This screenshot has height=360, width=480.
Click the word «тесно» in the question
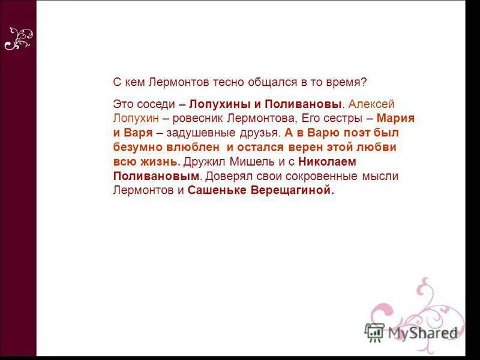225,83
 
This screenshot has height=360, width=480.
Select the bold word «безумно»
136,148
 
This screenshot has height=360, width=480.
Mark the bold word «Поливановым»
156,176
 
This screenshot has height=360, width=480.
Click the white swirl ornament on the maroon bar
18,39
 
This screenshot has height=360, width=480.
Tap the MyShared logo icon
374,331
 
